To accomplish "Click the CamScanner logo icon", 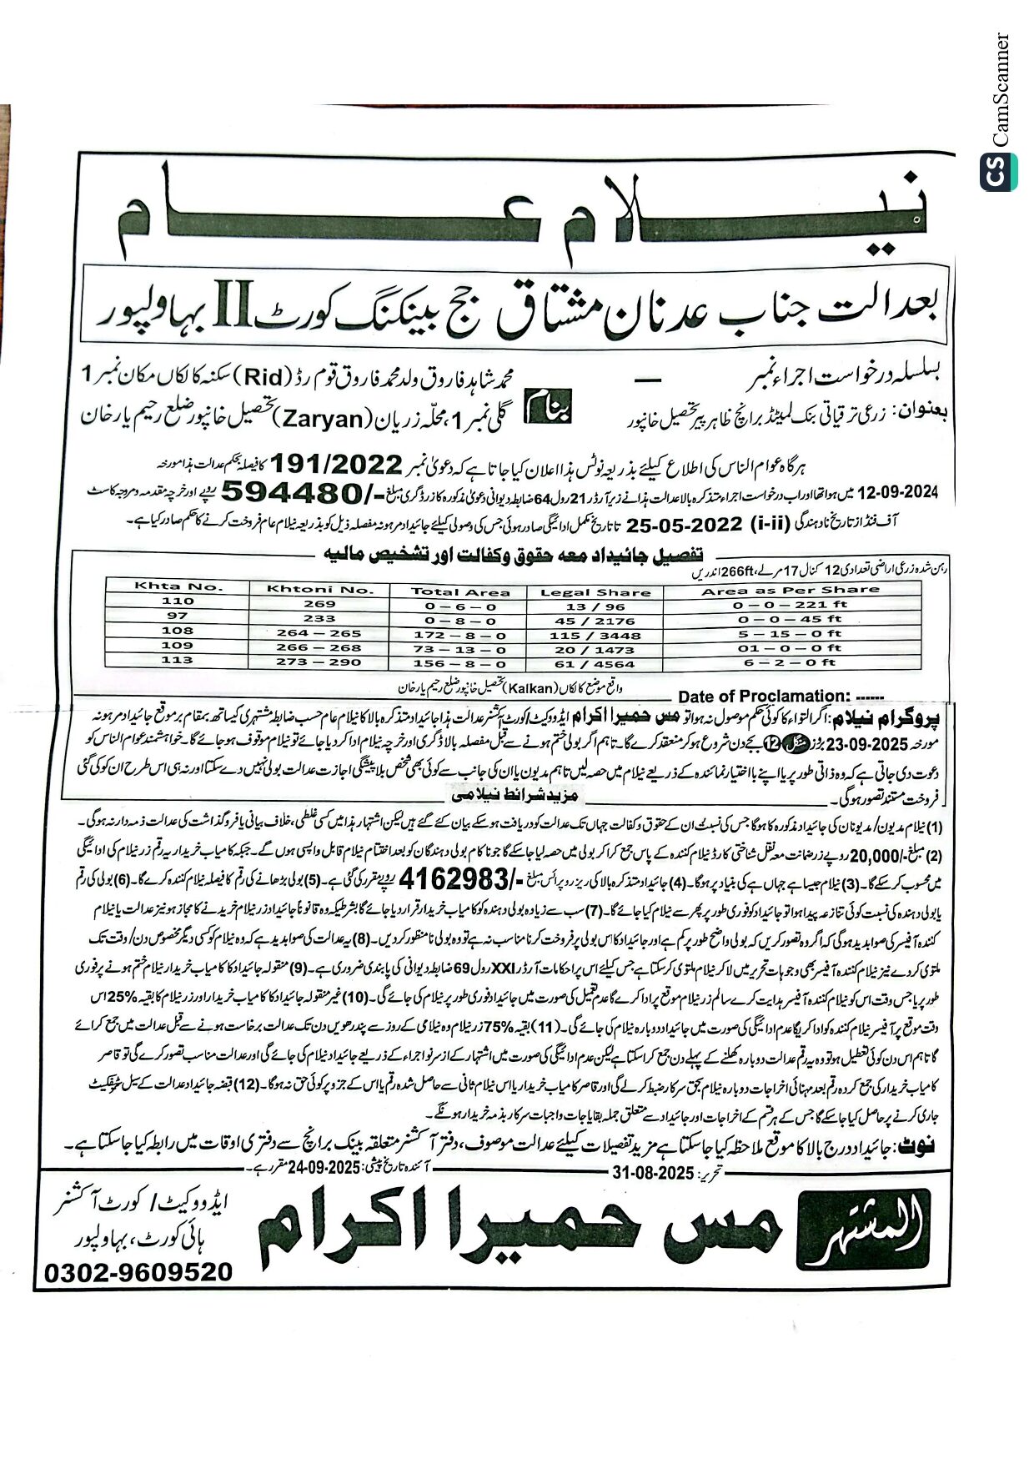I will pos(998,173).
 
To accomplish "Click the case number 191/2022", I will pos(338,463).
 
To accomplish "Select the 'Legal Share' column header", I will pos(595,591).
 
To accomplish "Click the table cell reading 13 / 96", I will pos(595,606).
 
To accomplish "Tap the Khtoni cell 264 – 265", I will pos(319,633).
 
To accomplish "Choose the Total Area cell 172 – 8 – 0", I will pos(459,636).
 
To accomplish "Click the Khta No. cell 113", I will pos(177,660).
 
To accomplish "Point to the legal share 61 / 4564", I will pos(595,664).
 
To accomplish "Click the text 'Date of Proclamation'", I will pos(763,696).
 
